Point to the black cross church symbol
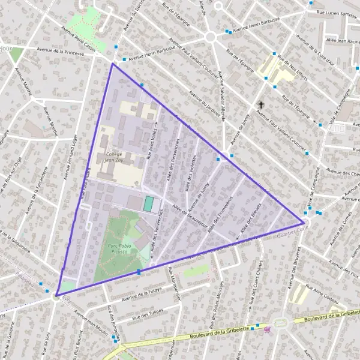tap(260, 105)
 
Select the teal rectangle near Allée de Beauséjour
tap(148, 204)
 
